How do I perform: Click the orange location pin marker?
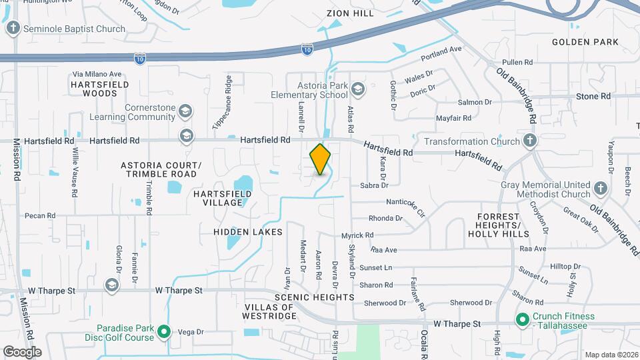(x=321, y=159)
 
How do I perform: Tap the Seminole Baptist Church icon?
(x=13, y=29)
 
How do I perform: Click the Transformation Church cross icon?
(x=529, y=141)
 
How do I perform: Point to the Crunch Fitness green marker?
(x=524, y=320)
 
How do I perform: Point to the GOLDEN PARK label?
(x=585, y=42)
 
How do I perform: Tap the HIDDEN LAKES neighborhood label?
(x=248, y=231)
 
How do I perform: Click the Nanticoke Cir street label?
(x=405, y=202)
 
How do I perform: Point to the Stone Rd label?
(x=593, y=96)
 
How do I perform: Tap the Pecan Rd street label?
(x=40, y=215)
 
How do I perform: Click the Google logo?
(x=22, y=351)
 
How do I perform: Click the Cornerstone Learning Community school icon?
(x=186, y=111)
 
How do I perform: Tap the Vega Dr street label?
(x=190, y=331)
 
